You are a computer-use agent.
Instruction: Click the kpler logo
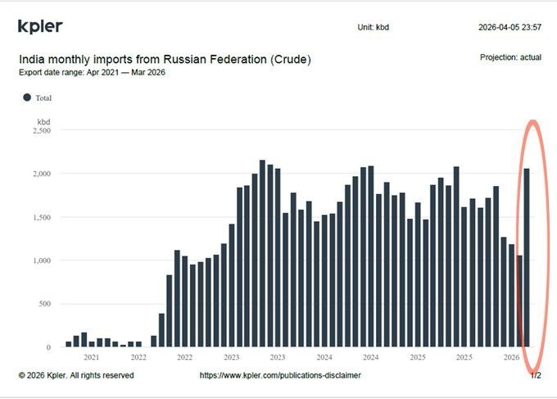(x=40, y=26)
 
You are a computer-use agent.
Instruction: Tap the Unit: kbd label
(x=374, y=27)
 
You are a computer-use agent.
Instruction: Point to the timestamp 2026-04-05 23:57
(x=509, y=27)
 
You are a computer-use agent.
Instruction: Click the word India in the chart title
(x=32, y=60)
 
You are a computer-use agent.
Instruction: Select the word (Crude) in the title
(x=289, y=60)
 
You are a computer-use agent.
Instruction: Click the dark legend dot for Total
(x=26, y=97)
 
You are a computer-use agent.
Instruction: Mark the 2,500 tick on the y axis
(x=39, y=130)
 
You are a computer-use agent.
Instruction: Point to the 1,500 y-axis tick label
(x=39, y=217)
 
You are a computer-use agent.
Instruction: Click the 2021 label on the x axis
(x=92, y=357)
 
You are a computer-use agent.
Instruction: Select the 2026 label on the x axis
(x=511, y=357)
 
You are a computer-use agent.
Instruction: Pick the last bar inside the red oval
(x=527, y=258)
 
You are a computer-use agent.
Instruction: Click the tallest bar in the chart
(x=262, y=254)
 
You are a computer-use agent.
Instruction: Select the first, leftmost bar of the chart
(x=69, y=344)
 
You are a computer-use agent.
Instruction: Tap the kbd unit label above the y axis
(x=44, y=120)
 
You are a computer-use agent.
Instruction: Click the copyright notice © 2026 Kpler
(x=75, y=375)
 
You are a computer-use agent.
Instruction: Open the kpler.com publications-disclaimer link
(x=280, y=375)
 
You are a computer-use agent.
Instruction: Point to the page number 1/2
(x=536, y=375)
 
